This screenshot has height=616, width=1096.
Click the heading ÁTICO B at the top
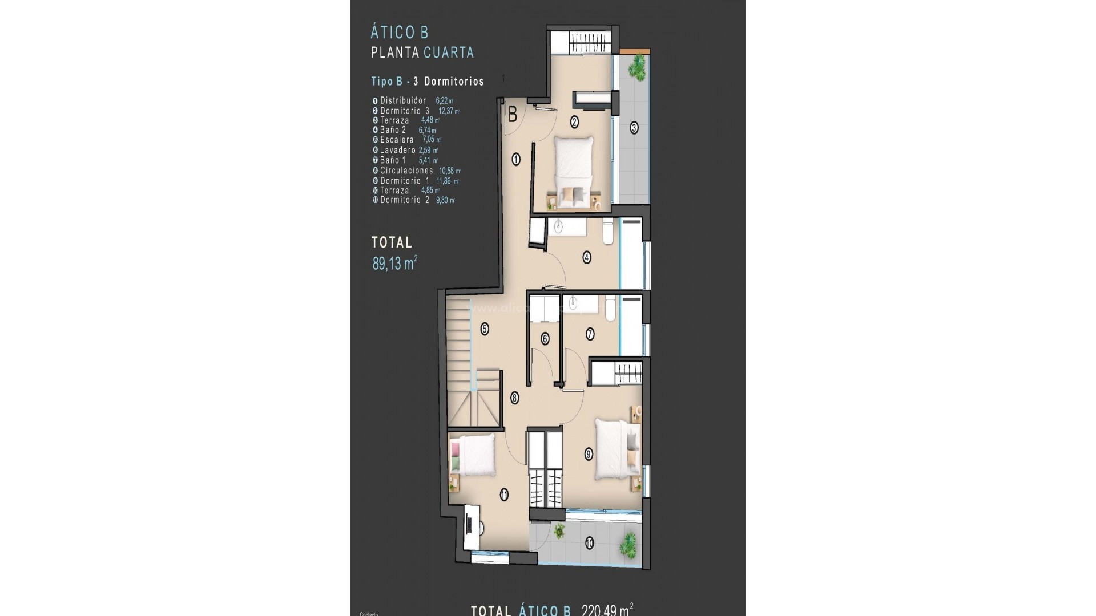pos(399,32)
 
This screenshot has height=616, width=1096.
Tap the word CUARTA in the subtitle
pos(449,53)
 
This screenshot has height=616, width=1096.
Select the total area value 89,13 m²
pos(394,264)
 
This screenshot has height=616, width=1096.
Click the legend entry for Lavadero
pos(408,151)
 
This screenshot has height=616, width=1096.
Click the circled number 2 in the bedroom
pos(574,121)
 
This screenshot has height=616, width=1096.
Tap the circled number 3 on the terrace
pos(634,128)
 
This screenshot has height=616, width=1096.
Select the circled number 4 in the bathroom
pos(587,257)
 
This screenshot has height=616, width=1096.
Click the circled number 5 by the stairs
pos(484,329)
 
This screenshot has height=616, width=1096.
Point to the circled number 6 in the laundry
pos(545,339)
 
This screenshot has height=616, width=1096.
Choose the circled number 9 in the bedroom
pos(589,454)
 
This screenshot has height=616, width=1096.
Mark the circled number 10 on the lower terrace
pos(589,543)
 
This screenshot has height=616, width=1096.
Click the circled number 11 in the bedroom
pos(503,495)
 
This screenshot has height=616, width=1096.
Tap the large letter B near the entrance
pos(513,115)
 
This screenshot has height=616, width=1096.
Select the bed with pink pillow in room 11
pos(473,455)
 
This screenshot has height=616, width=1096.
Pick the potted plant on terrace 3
pos(635,69)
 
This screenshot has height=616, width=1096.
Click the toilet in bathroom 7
pos(609,308)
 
